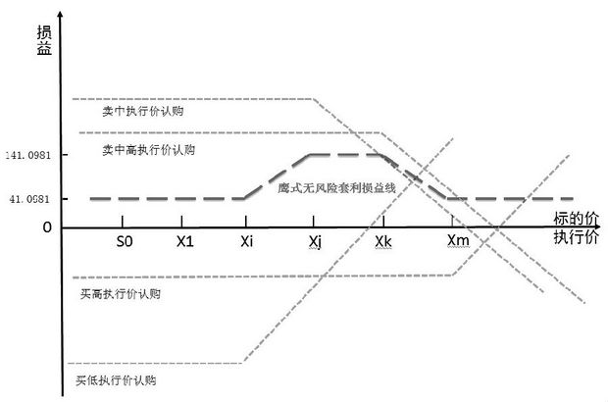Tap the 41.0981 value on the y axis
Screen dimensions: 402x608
click(x=30, y=199)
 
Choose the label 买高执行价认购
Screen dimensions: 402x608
click(x=122, y=293)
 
